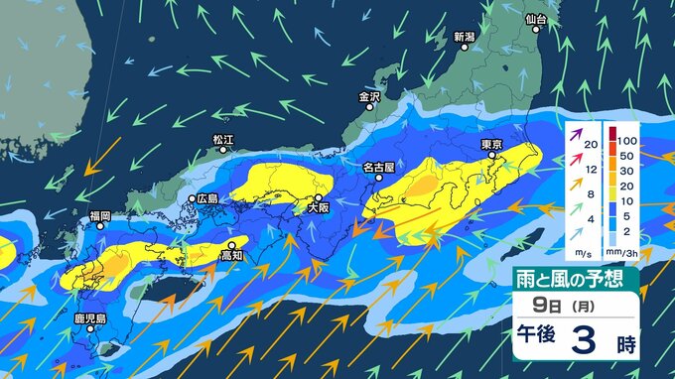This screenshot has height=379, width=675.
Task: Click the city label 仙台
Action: pyautogui.click(x=536, y=18)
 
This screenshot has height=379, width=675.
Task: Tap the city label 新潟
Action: pyautogui.click(x=465, y=37)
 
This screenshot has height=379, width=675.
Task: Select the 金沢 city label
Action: pyautogui.click(x=369, y=97)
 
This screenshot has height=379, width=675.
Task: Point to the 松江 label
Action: pyautogui.click(x=224, y=140)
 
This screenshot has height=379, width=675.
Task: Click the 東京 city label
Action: pyautogui.click(x=492, y=144)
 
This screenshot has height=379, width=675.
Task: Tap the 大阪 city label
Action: pyautogui.click(x=318, y=208)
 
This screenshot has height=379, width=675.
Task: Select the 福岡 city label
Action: pyautogui.click(x=99, y=214)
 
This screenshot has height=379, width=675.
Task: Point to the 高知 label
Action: pyautogui.click(x=231, y=256)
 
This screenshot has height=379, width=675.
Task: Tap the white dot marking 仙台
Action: pyautogui.click(x=536, y=30)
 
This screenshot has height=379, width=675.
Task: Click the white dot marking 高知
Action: pyautogui.click(x=231, y=244)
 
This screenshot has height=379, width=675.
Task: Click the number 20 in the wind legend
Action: pyautogui.click(x=591, y=146)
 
